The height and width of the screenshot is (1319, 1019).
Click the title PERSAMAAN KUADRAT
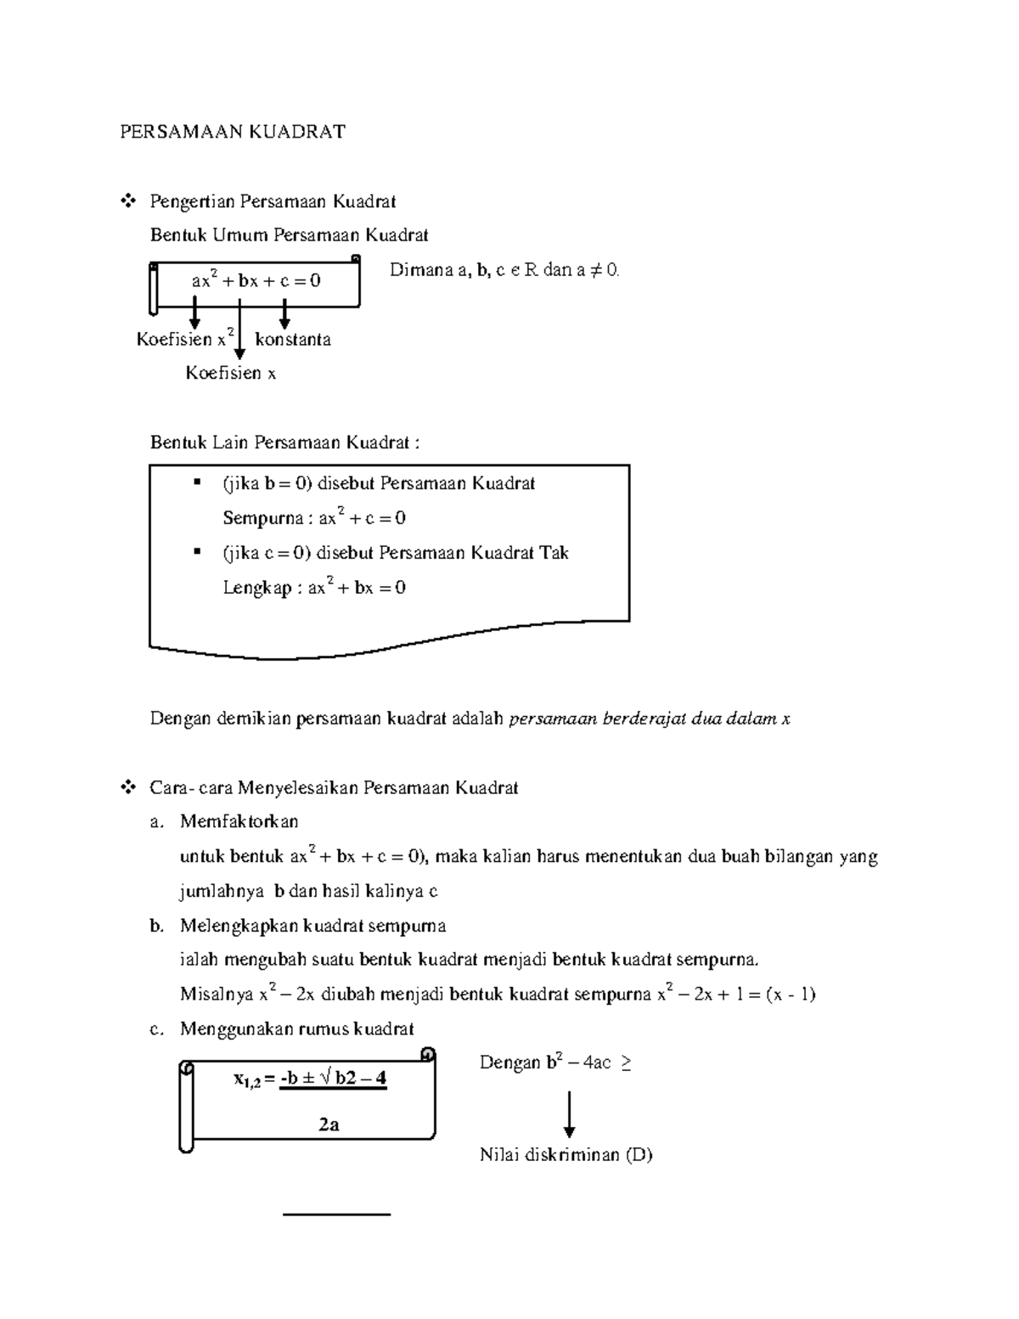[232, 132]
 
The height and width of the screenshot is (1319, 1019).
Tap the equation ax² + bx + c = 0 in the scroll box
[256, 280]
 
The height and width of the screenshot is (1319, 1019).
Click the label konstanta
[293, 340]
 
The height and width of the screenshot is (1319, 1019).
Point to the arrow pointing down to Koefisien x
[239, 331]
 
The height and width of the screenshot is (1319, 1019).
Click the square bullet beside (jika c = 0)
[197, 552]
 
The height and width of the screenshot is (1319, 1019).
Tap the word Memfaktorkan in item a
[239, 821]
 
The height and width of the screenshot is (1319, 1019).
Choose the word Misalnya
[217, 995]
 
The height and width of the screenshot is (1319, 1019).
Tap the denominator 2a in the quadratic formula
[329, 1125]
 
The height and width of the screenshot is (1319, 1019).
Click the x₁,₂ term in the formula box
[247, 1080]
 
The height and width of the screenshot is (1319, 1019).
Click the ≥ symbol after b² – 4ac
[625, 1063]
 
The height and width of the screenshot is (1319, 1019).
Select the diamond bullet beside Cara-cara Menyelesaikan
[129, 787]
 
